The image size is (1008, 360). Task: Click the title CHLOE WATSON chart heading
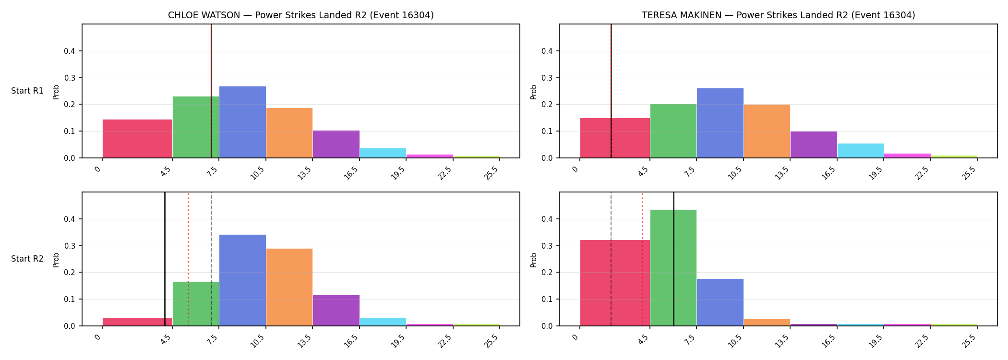[x=300, y=15]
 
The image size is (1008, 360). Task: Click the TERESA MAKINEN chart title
[x=778, y=15]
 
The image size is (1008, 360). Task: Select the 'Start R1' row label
[x=27, y=91]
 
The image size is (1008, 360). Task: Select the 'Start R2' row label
[x=27, y=259]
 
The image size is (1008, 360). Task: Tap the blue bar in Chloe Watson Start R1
[x=242, y=122]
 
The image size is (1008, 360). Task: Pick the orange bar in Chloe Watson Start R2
[x=289, y=287]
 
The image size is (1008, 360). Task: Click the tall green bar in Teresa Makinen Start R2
[x=673, y=268]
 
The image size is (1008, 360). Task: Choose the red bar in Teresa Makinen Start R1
[x=615, y=138]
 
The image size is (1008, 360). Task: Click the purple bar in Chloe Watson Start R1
[x=336, y=144]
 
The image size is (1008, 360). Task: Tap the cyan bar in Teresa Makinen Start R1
[x=861, y=151]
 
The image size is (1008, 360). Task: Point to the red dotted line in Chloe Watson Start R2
[x=188, y=259]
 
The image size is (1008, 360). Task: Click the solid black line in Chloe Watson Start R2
[x=165, y=259]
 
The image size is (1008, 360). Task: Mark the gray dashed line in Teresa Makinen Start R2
[x=611, y=259]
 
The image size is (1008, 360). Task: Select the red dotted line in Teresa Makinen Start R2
[x=642, y=259]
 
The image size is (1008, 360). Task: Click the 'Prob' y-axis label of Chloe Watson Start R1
[x=56, y=92]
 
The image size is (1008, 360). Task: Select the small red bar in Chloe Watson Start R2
[x=137, y=322]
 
